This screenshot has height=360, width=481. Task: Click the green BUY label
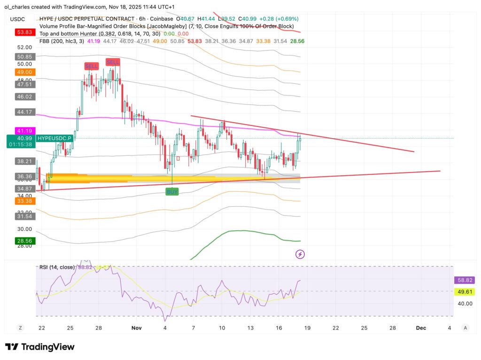pyautogui.click(x=172, y=192)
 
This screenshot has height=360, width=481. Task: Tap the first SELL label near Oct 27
pyautogui.click(x=91, y=66)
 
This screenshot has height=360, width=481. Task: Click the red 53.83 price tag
pyautogui.click(x=25, y=32)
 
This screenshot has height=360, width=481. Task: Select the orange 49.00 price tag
pyautogui.click(x=25, y=72)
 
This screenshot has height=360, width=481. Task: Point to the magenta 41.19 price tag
pyautogui.click(x=25, y=130)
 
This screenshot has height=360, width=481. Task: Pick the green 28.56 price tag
pyautogui.click(x=25, y=240)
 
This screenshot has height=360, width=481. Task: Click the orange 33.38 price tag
pyautogui.click(x=25, y=201)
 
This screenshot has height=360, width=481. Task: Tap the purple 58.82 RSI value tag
pyautogui.click(x=465, y=280)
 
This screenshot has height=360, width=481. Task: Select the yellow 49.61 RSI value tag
pyautogui.click(x=465, y=292)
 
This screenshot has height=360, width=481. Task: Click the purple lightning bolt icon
pyautogui.click(x=300, y=254)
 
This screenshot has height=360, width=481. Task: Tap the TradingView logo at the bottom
pyautogui.click(x=40, y=347)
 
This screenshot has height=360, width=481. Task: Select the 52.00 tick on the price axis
pyautogui.click(x=25, y=47)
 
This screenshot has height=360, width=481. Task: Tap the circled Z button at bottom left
pyautogui.click(x=20, y=328)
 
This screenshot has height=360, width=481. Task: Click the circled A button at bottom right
pyautogui.click(x=465, y=328)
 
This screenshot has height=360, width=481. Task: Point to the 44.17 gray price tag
pyautogui.click(x=25, y=112)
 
